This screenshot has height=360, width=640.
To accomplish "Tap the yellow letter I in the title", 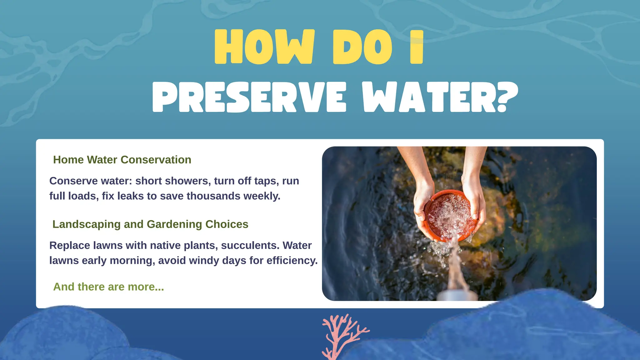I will [x=417, y=47].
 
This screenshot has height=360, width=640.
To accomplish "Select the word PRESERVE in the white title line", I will [x=249, y=97].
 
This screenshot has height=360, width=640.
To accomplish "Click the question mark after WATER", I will [x=507, y=97].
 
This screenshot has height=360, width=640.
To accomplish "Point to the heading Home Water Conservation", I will [x=122, y=160].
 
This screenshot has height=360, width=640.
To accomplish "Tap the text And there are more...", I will [x=108, y=287].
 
